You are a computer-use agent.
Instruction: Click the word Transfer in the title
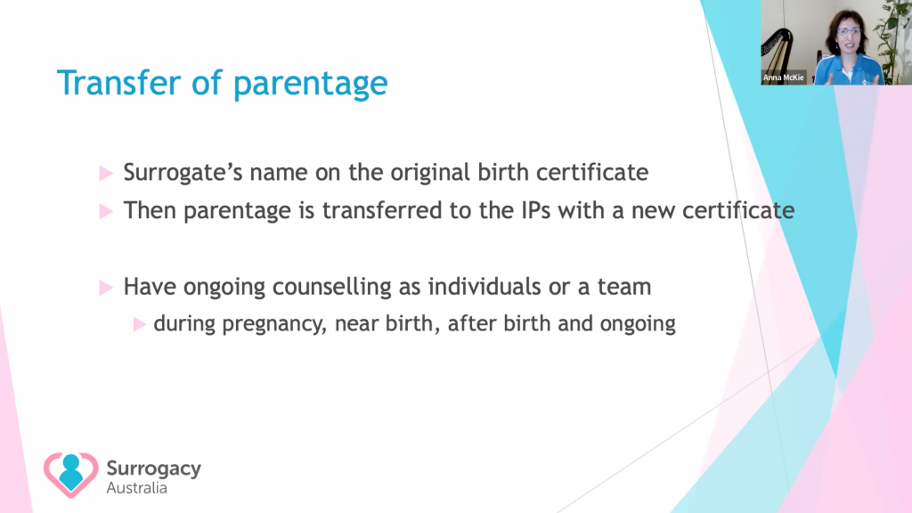point(119,83)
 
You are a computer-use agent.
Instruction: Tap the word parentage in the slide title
point(311,85)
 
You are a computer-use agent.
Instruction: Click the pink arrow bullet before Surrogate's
point(105,173)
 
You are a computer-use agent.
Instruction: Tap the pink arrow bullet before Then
point(105,210)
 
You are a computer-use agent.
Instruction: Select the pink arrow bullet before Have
point(105,288)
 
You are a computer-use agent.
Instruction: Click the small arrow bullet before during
point(139,324)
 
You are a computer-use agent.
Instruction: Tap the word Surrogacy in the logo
point(153,469)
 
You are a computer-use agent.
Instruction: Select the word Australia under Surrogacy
point(136,488)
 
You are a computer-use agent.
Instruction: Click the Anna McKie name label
point(784,77)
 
